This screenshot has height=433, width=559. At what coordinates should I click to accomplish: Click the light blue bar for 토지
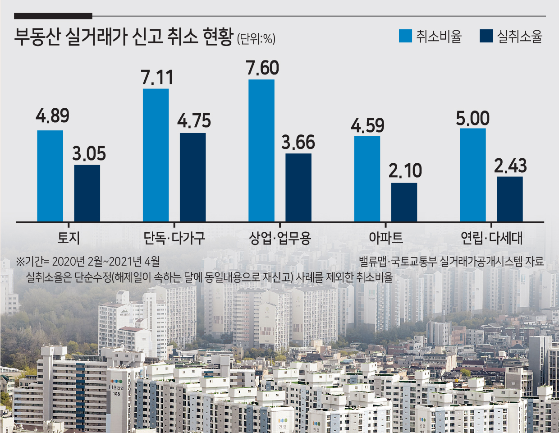[50, 176]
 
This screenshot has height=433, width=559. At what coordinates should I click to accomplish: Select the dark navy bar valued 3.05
[87, 193]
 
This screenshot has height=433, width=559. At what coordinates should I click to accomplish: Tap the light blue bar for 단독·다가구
[156, 155]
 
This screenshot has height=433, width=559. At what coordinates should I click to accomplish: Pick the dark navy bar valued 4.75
[192, 177]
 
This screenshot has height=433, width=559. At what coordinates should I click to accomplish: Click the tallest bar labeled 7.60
[261, 151]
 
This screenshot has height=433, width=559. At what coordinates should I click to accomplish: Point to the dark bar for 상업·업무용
[298, 188]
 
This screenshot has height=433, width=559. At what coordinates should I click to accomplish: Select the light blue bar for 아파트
[367, 179]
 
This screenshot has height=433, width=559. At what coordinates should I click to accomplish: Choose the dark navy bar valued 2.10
[404, 202]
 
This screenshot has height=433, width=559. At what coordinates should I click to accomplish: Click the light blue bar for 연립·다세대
[473, 175]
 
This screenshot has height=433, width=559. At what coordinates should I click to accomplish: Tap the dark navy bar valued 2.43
[509, 199]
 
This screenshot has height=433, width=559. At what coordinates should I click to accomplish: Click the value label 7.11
[157, 77]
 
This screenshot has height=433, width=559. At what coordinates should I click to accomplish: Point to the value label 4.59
[368, 125]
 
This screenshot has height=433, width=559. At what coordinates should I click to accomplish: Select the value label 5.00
[473, 118]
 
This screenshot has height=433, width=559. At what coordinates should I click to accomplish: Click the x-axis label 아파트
[386, 238]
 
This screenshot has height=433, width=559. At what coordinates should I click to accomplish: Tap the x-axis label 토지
[69, 238]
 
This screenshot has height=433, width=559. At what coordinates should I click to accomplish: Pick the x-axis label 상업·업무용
[280, 238]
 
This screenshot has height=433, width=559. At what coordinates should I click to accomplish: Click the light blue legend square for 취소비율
[405, 36]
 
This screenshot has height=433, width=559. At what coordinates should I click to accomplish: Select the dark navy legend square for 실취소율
[486, 36]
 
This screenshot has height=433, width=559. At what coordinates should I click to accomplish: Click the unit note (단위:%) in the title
[256, 39]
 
